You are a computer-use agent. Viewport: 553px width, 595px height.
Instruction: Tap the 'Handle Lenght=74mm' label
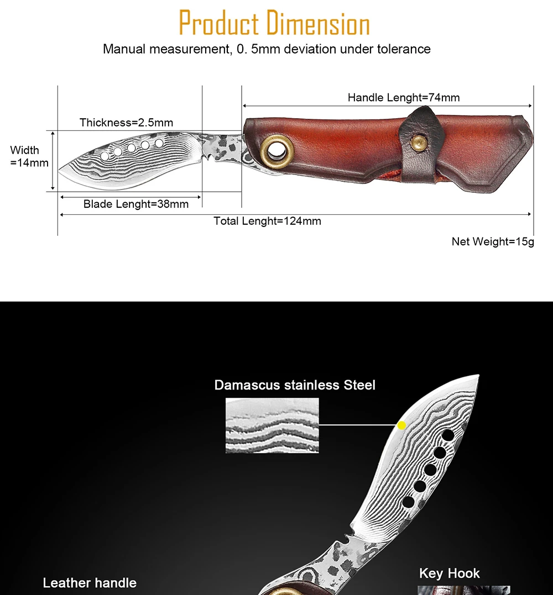[x=404, y=98]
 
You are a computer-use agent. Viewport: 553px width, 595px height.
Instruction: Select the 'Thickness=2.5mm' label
[x=126, y=123]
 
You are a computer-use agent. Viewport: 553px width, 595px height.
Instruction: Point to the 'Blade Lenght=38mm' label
[x=136, y=204]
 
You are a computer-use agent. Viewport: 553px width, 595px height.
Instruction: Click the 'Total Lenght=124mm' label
[x=268, y=222]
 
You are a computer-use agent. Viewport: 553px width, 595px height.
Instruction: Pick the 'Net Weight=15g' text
[x=493, y=241]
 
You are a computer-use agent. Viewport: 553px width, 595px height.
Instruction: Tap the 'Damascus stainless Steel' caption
[x=295, y=385]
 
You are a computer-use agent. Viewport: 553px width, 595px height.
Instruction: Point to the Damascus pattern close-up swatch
[x=272, y=425]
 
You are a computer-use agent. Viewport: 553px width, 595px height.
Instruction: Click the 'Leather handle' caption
[x=90, y=583]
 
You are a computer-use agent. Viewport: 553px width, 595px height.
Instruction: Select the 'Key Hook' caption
[x=450, y=573]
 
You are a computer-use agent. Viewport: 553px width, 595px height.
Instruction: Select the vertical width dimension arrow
[x=54, y=161]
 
